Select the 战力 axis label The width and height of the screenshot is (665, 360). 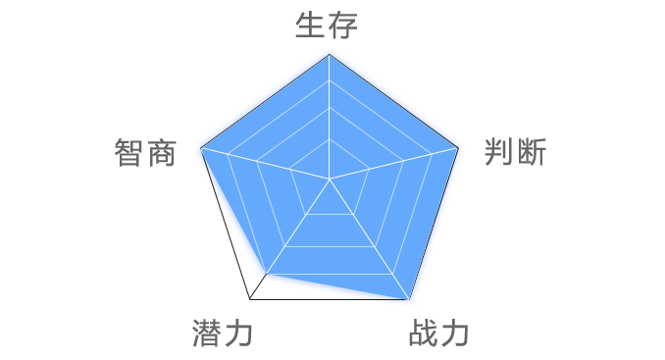pos(437,333)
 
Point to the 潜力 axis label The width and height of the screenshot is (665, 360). pos(223,333)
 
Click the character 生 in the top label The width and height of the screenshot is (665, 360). pos(311,26)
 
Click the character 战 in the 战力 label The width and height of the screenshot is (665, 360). pos(421,333)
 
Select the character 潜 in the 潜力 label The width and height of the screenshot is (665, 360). pos(206,333)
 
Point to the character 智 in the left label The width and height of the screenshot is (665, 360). pos(128,153)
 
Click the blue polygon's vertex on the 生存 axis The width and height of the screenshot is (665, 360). pos(330,56)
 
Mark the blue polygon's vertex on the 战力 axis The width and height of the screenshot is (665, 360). pos(408,297)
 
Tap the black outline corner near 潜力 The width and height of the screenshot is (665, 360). pos(249,297)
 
